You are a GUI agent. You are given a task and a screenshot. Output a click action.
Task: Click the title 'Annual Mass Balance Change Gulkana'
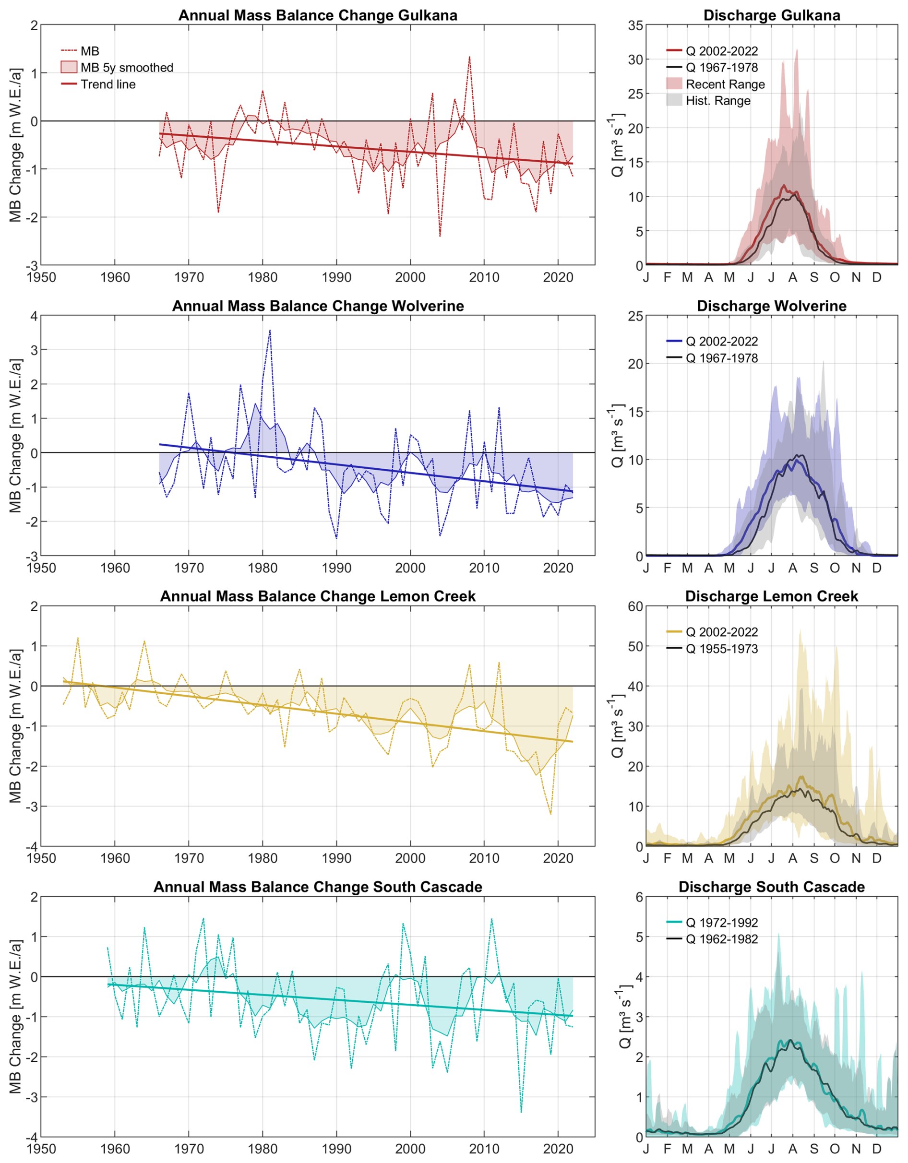click(317, 15)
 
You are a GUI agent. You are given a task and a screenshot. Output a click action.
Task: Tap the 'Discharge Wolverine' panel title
click(771, 306)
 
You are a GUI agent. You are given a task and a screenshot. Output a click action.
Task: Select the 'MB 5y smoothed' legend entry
click(127, 68)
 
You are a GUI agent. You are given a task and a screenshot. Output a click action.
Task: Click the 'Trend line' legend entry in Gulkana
click(108, 84)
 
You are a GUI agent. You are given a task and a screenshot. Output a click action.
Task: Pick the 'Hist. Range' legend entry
click(717, 101)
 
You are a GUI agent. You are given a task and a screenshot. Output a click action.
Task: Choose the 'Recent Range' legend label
click(725, 84)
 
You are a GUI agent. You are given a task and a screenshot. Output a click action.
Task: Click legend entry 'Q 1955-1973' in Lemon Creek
click(721, 649)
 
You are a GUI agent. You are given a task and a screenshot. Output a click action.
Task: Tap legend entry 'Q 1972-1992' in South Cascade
click(721, 922)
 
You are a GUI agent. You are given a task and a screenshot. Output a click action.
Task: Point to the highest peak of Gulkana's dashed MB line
click(469, 57)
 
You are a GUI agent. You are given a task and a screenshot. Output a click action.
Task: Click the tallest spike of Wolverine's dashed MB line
click(270, 330)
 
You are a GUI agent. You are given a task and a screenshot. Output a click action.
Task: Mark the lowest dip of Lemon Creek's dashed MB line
click(550, 814)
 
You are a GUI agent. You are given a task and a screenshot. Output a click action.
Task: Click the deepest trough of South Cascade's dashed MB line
click(521, 1112)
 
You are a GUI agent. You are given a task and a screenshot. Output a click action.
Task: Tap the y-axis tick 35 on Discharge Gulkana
click(635, 25)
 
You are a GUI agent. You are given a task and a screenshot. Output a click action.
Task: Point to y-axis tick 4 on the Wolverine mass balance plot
click(34, 316)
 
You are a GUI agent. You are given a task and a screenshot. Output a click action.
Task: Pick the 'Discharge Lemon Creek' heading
click(771, 596)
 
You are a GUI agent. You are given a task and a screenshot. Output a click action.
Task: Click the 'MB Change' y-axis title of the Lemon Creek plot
click(15, 726)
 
